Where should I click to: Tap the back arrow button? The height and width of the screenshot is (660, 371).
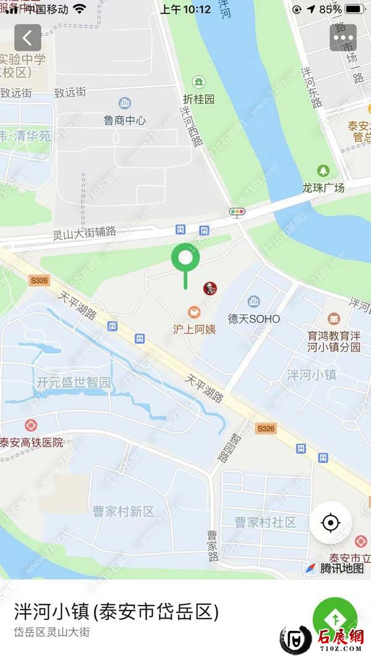(x=28, y=38)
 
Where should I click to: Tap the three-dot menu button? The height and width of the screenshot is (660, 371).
(x=343, y=38)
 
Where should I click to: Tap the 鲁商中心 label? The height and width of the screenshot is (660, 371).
(x=125, y=121)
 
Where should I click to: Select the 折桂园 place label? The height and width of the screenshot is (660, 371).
(x=199, y=98)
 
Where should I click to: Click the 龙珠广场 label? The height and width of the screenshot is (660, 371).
(x=323, y=187)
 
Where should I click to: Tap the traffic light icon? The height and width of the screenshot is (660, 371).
(x=237, y=212)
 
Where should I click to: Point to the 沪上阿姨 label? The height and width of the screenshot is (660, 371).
(x=194, y=329)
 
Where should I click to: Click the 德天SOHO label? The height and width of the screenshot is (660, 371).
(x=254, y=319)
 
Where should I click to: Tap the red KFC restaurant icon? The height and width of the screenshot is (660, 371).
(x=210, y=288)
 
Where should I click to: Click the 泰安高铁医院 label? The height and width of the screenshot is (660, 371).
(x=32, y=442)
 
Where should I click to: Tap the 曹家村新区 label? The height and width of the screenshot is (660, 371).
(x=124, y=512)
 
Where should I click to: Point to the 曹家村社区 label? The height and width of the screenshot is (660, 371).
(x=265, y=522)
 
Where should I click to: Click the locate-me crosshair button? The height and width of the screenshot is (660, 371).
(x=331, y=523)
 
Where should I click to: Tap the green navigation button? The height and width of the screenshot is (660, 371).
(x=335, y=619)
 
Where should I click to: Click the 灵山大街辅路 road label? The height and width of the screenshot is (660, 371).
(x=85, y=233)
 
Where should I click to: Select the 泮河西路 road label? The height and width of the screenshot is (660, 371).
(x=192, y=126)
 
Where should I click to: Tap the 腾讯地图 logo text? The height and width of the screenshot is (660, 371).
(x=341, y=568)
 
